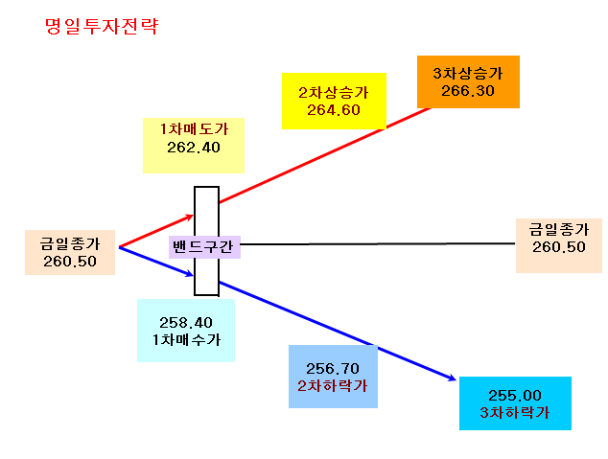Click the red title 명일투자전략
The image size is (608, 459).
[x=102, y=26]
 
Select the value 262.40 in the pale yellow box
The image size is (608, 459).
[x=194, y=148]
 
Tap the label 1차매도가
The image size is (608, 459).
[x=194, y=129]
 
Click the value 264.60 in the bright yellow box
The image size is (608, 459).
[x=334, y=110]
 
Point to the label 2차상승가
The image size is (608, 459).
[x=334, y=93]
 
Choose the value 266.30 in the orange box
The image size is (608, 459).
[x=468, y=91]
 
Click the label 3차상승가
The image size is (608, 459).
[x=468, y=73]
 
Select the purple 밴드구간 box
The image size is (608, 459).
[x=204, y=246]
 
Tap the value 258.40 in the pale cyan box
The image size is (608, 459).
[x=186, y=322]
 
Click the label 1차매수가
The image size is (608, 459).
[x=186, y=340]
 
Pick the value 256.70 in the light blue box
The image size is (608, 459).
[x=333, y=368]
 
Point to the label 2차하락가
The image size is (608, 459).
[x=333, y=386]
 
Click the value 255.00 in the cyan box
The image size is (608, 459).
[x=515, y=395]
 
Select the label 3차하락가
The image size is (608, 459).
[x=515, y=412]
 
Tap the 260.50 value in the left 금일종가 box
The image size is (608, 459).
[x=70, y=262]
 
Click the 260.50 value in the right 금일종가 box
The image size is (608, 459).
[x=559, y=246]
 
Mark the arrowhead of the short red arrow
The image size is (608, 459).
[x=191, y=217]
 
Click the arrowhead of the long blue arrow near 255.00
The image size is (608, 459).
[x=452, y=379]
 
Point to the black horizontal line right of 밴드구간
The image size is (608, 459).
[x=378, y=244]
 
